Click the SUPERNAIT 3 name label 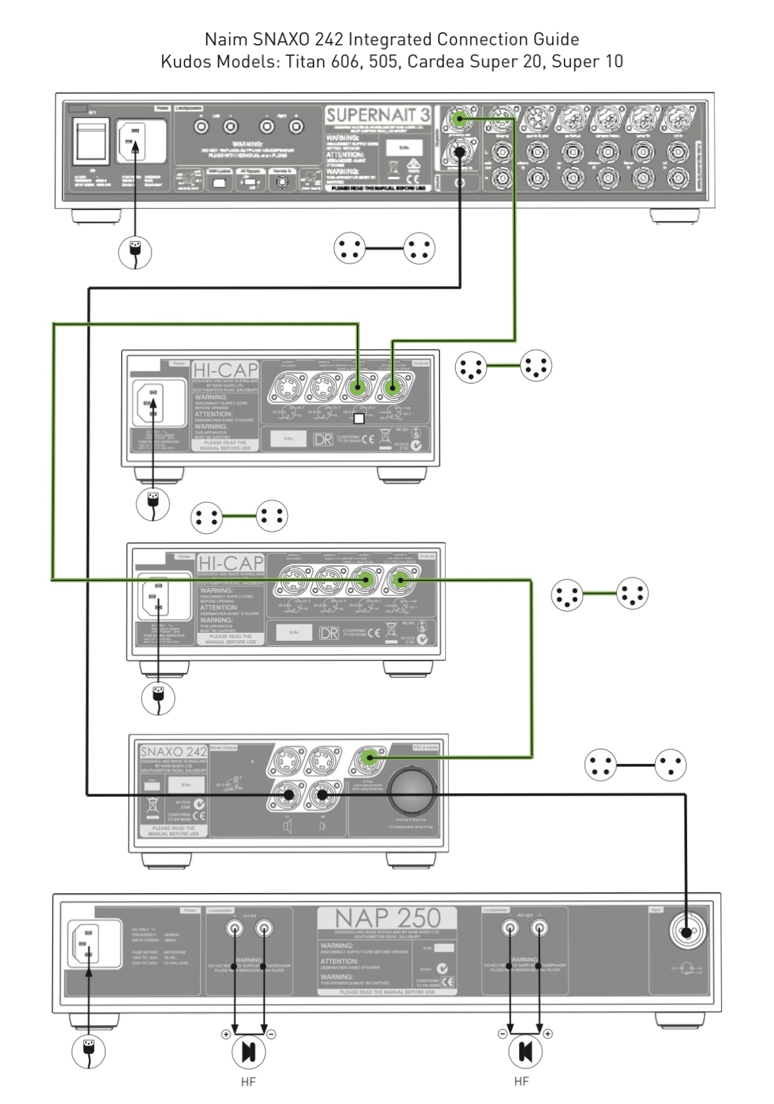[377, 115]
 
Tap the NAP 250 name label [387, 917]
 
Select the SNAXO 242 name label [173, 752]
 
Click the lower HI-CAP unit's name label [230, 563]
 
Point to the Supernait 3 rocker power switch [90, 141]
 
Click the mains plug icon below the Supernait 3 [135, 251]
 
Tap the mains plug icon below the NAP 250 [88, 1051]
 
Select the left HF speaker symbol [249, 1051]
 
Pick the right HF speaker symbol [525, 1051]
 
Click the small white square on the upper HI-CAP [359, 418]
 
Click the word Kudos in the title [184, 62]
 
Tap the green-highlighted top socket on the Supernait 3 [459, 119]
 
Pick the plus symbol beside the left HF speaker [226, 1034]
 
